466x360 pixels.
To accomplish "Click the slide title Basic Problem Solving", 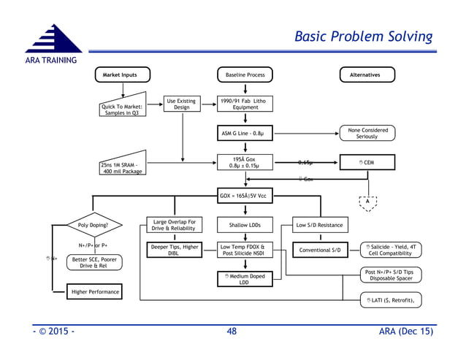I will click(362, 37).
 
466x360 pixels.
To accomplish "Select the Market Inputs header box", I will click(122, 75).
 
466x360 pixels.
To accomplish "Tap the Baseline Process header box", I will click(245, 75).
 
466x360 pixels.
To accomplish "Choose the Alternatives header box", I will click(368, 75).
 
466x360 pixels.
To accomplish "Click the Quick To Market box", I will click(122, 107).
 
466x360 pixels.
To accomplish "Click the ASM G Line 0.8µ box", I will click(245, 134).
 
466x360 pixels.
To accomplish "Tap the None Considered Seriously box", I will click(367, 134).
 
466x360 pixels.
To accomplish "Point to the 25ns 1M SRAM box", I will click(122, 167).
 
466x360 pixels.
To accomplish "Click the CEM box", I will click(367, 163).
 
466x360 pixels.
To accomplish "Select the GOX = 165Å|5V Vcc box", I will click(245, 196).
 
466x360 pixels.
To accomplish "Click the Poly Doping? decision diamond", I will click(93, 225).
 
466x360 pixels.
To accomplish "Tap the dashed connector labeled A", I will click(368, 204).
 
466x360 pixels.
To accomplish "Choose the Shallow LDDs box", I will click(245, 225).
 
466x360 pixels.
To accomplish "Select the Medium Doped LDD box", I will click(245, 279).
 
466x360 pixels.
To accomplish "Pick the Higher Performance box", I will click(93, 293).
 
